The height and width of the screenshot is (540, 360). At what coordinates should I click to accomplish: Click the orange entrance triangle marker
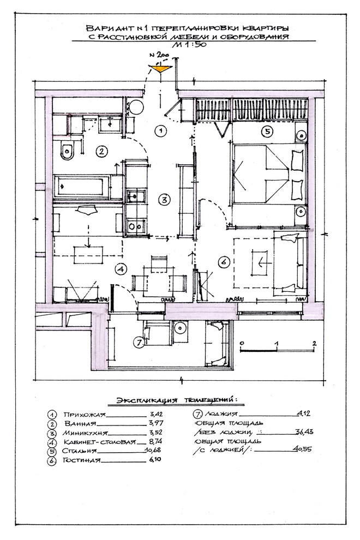pyautogui.click(x=160, y=68)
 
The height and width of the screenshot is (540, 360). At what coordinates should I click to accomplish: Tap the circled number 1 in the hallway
pyautogui.click(x=160, y=130)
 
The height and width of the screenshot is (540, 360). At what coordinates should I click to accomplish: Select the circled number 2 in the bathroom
pyautogui.click(x=102, y=151)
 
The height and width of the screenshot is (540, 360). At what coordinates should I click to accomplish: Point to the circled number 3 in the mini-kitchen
pyautogui.click(x=164, y=199)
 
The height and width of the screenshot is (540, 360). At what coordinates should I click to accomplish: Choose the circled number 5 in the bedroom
pyautogui.click(x=267, y=131)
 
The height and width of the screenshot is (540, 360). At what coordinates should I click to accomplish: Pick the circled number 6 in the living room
pyautogui.click(x=224, y=262)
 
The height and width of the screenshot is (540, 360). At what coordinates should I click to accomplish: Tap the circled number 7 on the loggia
pyautogui.click(x=139, y=343)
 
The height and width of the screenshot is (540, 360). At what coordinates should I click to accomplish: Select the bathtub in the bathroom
pyautogui.click(x=82, y=187)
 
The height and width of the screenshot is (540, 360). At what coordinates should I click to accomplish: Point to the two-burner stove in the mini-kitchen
pyautogui.click(x=135, y=226)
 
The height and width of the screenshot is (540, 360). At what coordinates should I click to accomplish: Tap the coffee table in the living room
pyautogui.click(x=261, y=263)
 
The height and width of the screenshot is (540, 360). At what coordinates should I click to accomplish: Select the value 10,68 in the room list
pyautogui.click(x=153, y=450)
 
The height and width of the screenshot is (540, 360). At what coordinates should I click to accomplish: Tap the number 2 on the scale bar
pyautogui.click(x=314, y=343)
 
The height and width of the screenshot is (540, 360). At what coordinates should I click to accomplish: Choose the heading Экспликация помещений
pyautogui.click(x=177, y=400)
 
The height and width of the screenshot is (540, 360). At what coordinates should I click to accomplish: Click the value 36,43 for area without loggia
pyautogui.click(x=304, y=431)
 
